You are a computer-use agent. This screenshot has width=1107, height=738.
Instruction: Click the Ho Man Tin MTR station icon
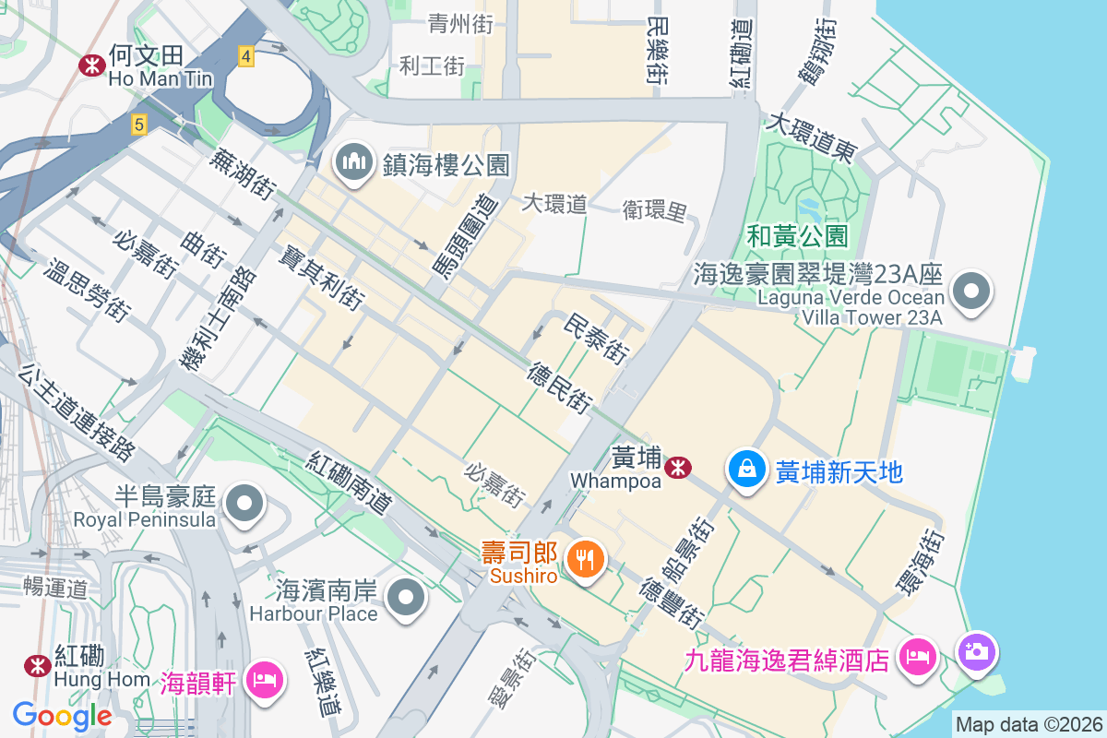pyautogui.click(x=91, y=64)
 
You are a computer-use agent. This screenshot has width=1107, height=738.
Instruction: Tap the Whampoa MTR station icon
pyautogui.click(x=679, y=468)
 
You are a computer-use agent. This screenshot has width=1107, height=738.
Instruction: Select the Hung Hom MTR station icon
pyautogui.click(x=38, y=664)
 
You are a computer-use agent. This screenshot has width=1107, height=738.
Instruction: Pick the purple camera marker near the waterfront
pyautogui.click(x=977, y=651)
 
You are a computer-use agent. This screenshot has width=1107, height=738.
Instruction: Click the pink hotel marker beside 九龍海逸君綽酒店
pyautogui.click(x=919, y=658)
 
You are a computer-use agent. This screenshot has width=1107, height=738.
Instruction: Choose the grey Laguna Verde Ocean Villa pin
pyautogui.click(x=970, y=292)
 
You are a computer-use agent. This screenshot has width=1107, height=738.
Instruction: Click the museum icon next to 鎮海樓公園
pyautogui.click(x=353, y=163)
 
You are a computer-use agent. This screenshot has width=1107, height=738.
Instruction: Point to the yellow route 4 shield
pyautogui.click(x=244, y=56)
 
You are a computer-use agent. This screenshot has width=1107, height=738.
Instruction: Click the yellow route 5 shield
pyautogui.click(x=138, y=124)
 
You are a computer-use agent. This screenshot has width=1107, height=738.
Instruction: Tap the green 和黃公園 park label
pyautogui.click(x=797, y=236)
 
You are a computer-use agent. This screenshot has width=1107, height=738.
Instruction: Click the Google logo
pyautogui.click(x=62, y=715)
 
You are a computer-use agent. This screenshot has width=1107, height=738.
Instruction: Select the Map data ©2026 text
pyautogui.click(x=1028, y=724)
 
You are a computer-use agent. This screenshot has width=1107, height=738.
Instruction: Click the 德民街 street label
pyautogui.click(x=559, y=387)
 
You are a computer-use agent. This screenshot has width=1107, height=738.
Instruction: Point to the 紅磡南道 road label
pyautogui.click(x=351, y=483)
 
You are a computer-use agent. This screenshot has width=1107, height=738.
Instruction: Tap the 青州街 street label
pyautogui.click(x=460, y=24)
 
